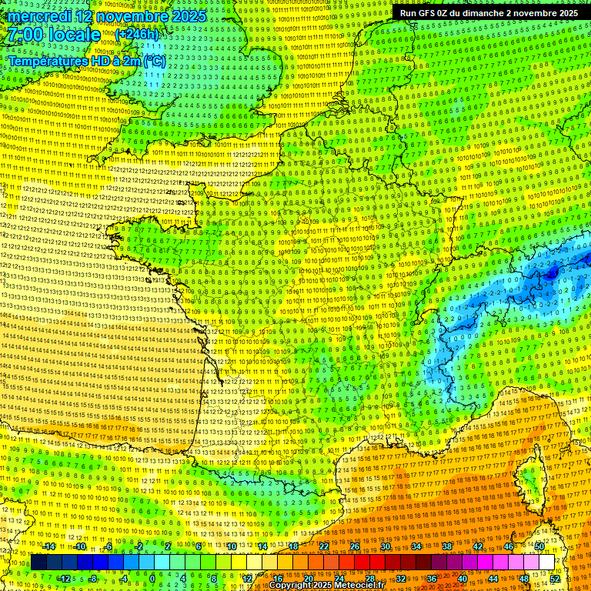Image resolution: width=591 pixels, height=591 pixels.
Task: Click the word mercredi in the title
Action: tap(36, 16)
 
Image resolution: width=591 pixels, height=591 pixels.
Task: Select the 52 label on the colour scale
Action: tap(555, 578)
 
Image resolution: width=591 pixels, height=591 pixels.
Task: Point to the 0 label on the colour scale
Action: tap(152, 578)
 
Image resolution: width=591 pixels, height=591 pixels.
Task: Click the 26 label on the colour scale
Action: tap(355, 546)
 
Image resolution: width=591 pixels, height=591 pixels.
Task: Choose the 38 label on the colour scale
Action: tap(446, 546)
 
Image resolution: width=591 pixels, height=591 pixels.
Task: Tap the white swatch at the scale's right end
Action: tap(546, 563)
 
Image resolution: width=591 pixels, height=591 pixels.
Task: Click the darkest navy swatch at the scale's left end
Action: tap(38, 563)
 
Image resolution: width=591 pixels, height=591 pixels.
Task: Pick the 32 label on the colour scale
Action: tap(400, 578)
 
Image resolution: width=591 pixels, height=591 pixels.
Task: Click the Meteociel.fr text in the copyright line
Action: tap(355, 586)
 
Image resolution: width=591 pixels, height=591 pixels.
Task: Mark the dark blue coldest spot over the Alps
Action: tap(552, 272)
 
